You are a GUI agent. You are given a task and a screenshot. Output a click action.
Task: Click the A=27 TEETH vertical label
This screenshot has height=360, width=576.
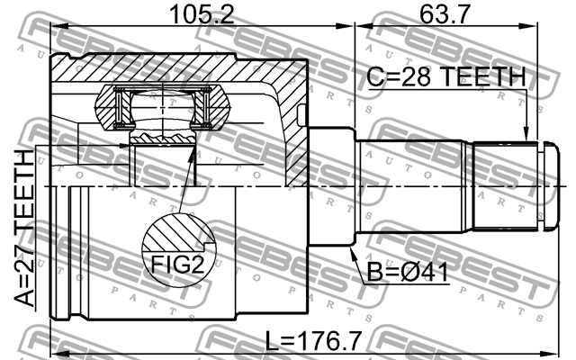[22, 229]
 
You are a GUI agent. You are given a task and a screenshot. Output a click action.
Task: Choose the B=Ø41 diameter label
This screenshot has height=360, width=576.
[405, 269]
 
